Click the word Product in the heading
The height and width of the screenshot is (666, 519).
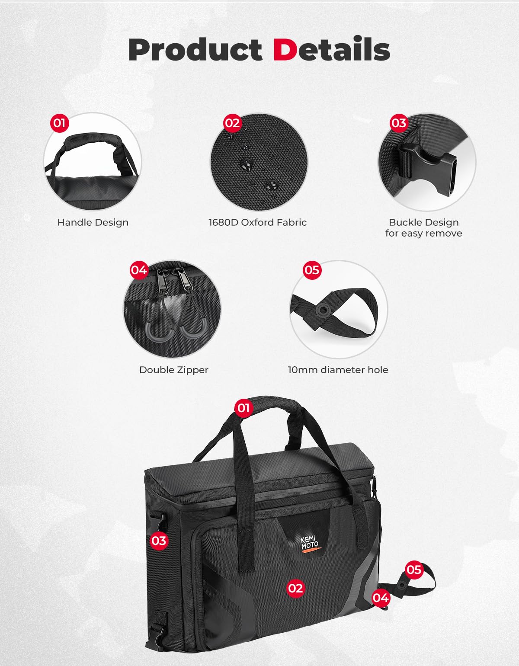coord(195,50)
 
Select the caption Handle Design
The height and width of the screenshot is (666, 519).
coord(93,222)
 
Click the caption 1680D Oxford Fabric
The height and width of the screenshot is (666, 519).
coord(257,222)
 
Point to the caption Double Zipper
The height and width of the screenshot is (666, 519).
coord(174,370)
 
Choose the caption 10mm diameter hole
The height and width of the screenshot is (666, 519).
coord(338,370)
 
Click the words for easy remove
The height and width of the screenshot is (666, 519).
coord(423,234)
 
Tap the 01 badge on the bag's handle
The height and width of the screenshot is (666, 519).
coord(243,408)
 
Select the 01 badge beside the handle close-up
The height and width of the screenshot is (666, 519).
coord(59,123)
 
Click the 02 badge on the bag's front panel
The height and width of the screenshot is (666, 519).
coord(295,588)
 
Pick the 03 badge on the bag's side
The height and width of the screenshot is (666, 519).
coord(159,541)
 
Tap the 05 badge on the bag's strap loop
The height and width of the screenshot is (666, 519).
coord(413,570)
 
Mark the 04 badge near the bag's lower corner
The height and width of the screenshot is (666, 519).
coord(381,598)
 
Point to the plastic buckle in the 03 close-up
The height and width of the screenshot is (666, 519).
coord(428,166)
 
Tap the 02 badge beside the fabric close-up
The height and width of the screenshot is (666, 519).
coord(232,123)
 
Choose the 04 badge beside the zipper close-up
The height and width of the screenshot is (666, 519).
coord(139,270)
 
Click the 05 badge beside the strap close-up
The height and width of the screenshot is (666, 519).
coord(312,270)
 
